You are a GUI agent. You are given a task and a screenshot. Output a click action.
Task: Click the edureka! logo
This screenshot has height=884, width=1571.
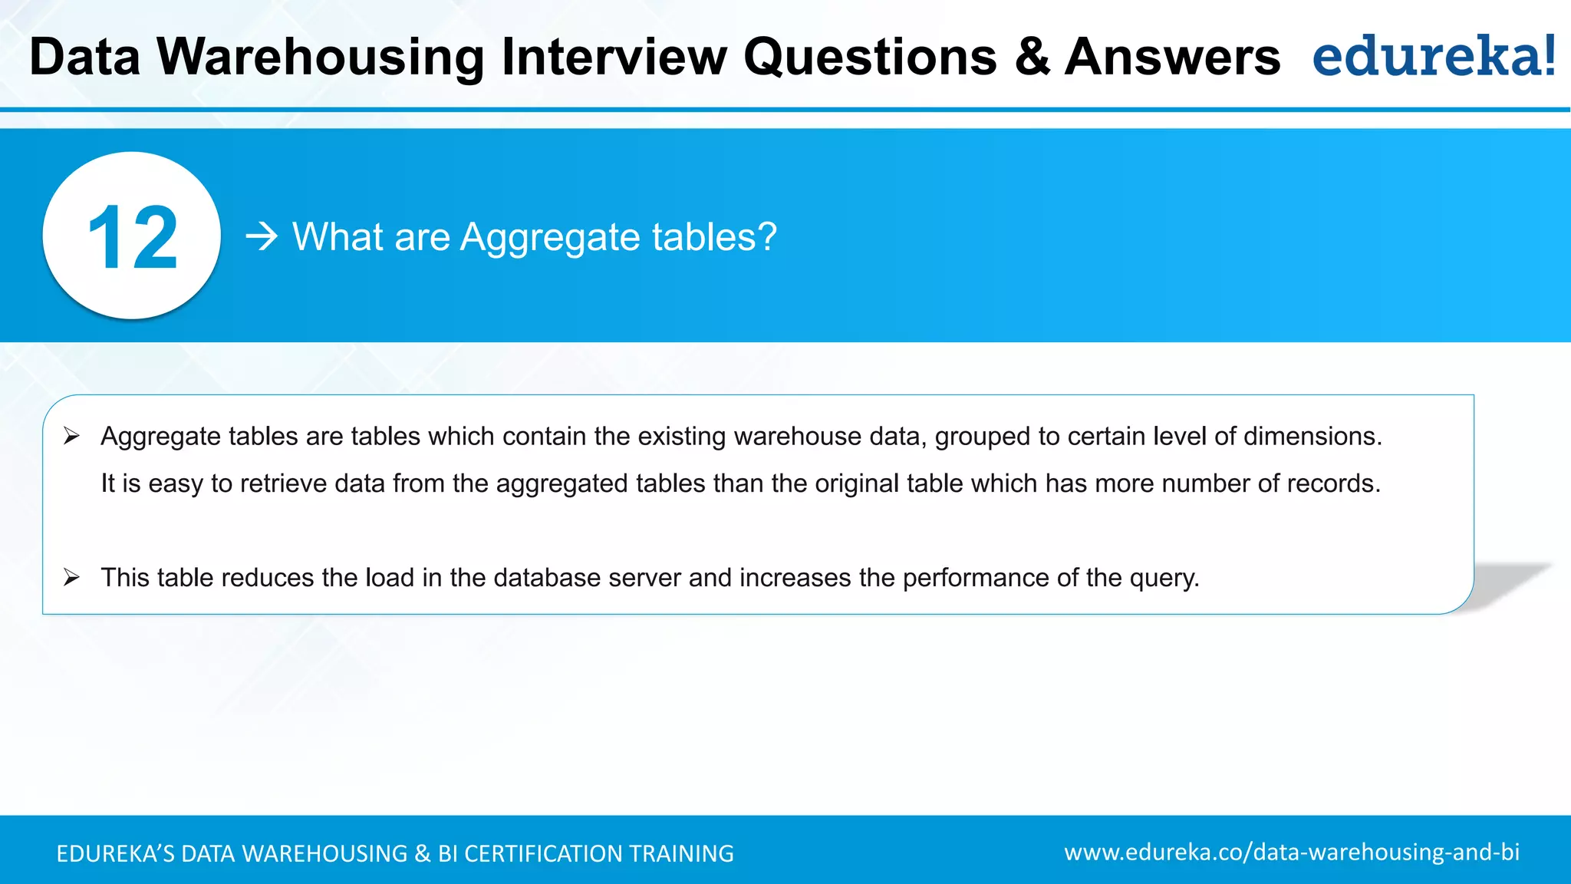[1434, 56]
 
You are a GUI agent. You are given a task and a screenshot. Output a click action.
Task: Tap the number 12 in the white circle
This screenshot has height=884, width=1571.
[132, 239]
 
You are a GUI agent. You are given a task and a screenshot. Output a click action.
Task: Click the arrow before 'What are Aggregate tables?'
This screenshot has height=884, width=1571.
[262, 237]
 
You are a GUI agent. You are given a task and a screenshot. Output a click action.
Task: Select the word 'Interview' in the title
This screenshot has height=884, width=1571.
[614, 58]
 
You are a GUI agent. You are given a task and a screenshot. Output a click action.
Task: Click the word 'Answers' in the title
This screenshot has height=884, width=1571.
[1172, 58]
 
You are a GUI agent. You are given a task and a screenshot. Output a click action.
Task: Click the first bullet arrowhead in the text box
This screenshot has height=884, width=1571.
[72, 437]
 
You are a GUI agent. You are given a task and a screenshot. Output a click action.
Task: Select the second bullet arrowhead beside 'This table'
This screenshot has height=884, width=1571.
[72, 578]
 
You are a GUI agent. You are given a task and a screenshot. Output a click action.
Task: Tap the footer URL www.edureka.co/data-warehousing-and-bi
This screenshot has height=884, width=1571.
[1292, 853]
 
